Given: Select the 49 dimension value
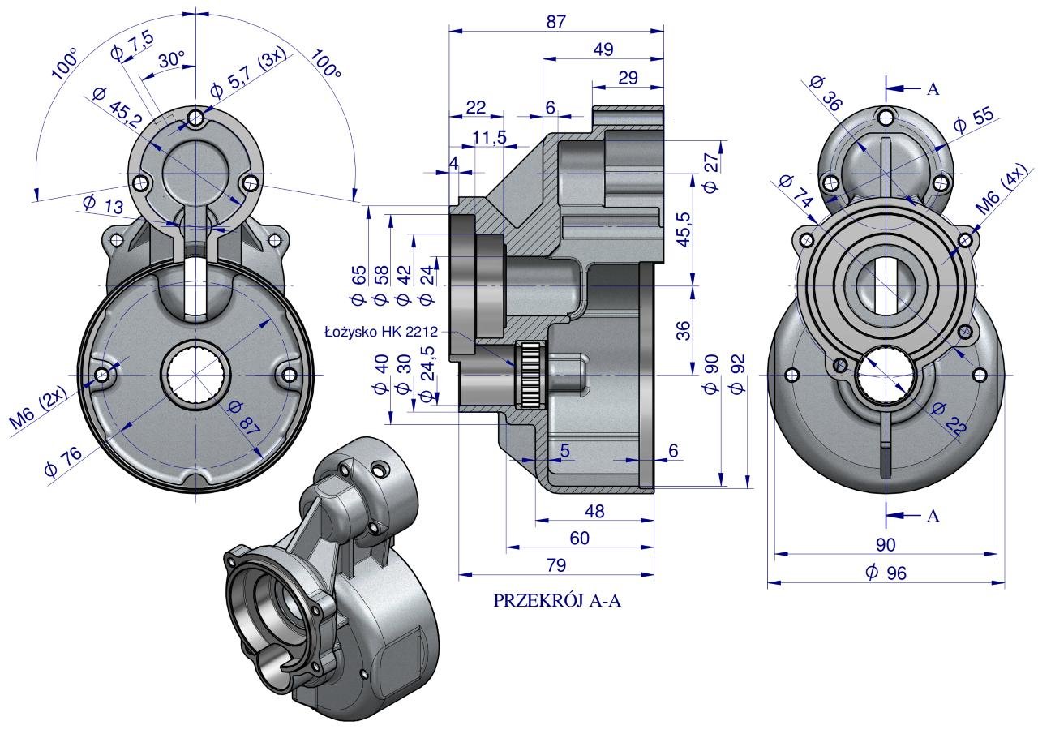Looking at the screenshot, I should (603, 49).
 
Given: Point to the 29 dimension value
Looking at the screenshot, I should (627, 78).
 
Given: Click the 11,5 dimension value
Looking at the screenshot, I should (490, 137).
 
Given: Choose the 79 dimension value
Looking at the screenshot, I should (555, 564).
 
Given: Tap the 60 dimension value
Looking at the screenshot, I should (579, 538).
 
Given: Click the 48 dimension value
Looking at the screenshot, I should (594, 511).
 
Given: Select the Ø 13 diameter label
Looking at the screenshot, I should (103, 204).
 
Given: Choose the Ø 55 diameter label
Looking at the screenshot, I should (972, 122).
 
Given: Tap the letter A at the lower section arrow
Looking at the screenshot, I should (933, 515).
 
